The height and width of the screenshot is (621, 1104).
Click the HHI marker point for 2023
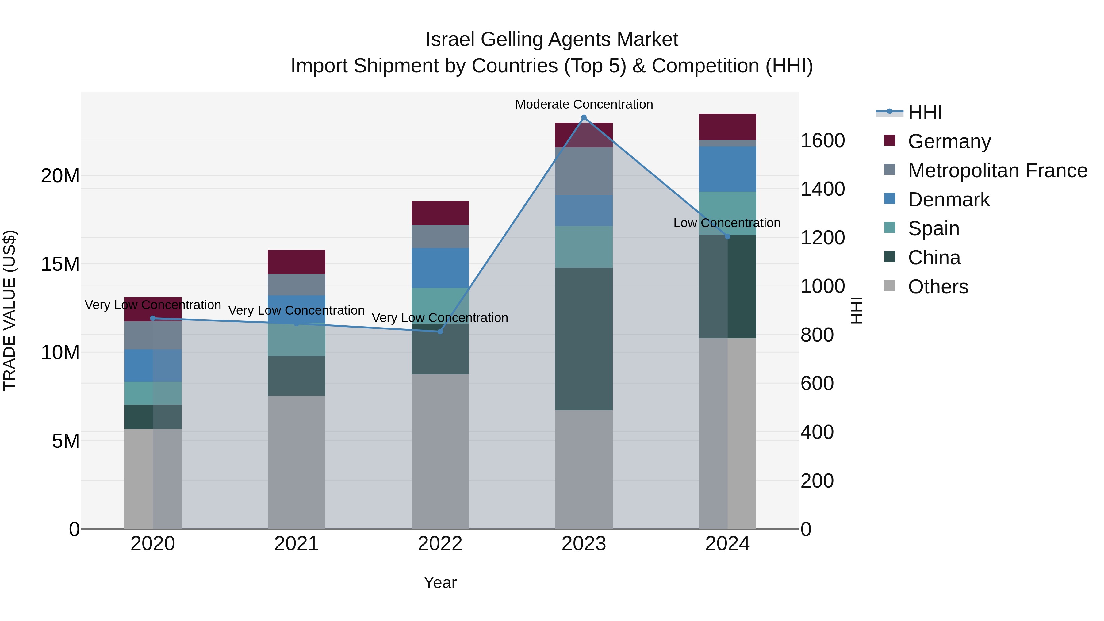tap(584, 117)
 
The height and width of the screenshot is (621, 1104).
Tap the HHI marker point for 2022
tap(440, 331)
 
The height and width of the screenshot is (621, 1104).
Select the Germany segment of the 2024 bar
tap(727, 127)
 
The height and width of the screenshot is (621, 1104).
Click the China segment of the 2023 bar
tap(584, 339)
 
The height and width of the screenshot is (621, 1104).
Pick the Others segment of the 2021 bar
tap(296, 462)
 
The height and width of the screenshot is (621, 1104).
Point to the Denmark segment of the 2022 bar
tap(440, 268)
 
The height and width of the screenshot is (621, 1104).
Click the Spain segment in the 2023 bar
tap(584, 247)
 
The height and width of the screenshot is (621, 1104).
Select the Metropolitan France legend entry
tap(997, 171)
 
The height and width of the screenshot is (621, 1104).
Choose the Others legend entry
tap(938, 287)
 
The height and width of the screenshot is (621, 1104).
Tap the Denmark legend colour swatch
tap(890, 199)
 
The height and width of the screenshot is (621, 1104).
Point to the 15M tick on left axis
tap(60, 264)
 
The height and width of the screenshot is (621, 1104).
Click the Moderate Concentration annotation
tap(584, 104)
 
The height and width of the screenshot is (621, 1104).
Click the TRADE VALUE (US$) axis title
tap(10, 310)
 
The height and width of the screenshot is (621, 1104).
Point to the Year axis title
tap(440, 582)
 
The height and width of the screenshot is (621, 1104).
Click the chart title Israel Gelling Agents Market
tap(552, 40)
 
